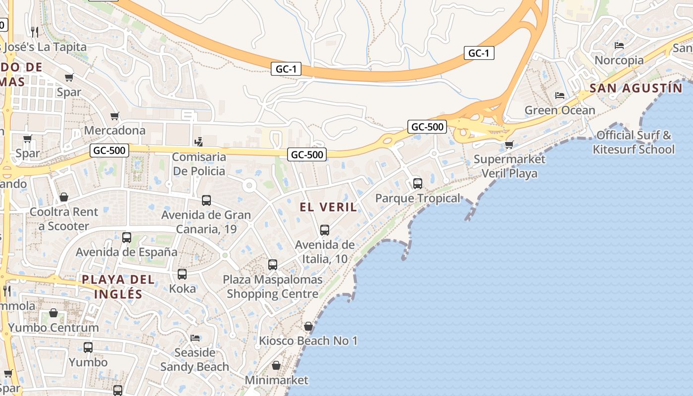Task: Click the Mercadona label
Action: (115, 130)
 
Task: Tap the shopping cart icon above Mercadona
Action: (115, 116)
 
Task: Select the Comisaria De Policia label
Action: (199, 164)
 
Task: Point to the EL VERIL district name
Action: (328, 207)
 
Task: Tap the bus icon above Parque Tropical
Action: (418, 184)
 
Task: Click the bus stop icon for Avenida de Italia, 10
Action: (325, 230)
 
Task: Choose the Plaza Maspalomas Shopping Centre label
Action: (272, 287)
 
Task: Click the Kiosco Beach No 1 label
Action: (308, 341)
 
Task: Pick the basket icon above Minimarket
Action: (276, 366)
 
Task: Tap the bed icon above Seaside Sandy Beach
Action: (195, 338)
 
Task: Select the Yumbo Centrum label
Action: (53, 327)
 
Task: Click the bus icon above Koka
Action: (182, 274)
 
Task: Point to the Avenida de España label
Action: (126, 251)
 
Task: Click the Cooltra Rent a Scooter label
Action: (64, 219)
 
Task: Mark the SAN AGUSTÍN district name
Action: (636, 88)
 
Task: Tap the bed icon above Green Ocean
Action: (560, 95)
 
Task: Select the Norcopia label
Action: (619, 60)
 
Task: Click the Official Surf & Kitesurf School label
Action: (634, 142)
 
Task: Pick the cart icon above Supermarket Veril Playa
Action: (509, 145)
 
